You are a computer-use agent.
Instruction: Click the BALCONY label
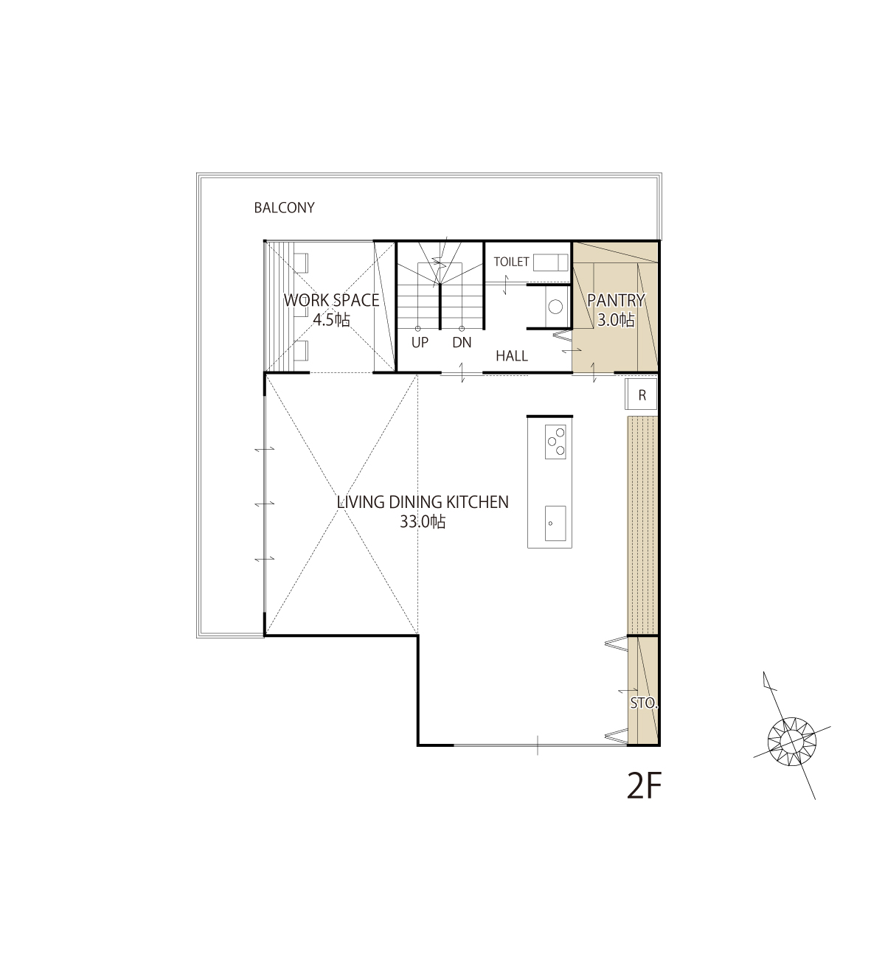click(284, 207)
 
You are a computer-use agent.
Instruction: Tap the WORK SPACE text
click(331, 300)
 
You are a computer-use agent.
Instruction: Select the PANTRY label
click(616, 300)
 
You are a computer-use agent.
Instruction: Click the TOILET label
click(511, 262)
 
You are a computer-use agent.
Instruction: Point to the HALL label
click(512, 356)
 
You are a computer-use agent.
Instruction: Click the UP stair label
click(420, 343)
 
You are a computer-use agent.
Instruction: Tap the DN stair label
click(462, 343)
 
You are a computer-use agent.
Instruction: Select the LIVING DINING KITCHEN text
click(423, 502)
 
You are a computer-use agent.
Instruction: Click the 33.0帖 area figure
click(423, 522)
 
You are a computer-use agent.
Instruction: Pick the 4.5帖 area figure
click(331, 319)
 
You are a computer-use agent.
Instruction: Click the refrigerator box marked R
click(642, 394)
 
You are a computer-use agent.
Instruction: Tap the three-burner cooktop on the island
click(555, 442)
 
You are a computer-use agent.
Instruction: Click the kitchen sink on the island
click(555, 523)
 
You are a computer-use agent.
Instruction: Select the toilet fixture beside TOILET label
click(551, 262)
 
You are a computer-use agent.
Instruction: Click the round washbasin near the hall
click(556, 307)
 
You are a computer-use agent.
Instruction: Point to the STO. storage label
click(644, 703)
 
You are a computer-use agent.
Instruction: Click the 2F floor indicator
click(644, 786)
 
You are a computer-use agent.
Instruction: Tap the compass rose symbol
click(792, 741)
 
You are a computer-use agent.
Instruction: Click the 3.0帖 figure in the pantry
click(616, 319)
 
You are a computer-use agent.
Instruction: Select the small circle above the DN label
click(462, 329)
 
